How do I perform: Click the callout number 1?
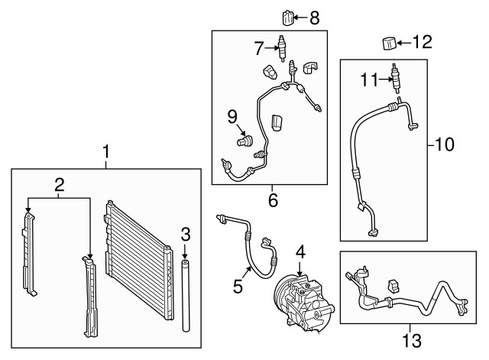coord(106,152)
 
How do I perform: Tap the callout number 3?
coord(184,233)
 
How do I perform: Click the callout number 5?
coord(238,287)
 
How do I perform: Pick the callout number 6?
coord(273,201)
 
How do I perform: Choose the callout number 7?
coord(260,48)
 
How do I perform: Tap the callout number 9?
coord(232,116)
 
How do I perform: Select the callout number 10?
coord(444,142)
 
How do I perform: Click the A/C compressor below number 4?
coord(299,300)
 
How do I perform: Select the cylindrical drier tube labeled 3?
coord(185,294)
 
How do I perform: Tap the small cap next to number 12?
coord(389,41)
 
